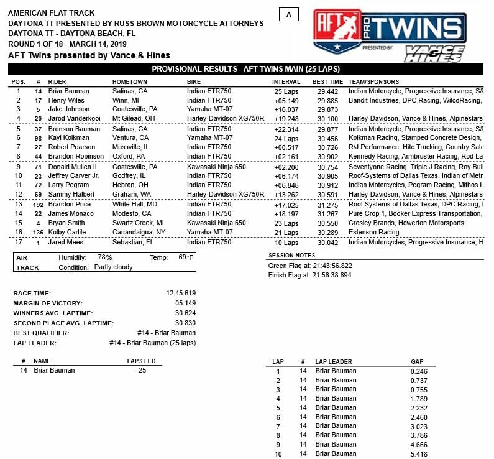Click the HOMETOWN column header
129,81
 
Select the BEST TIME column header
327,81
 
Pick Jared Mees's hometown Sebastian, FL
135,242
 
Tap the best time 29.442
327,91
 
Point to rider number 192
38,204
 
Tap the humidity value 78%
104,257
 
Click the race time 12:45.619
181,293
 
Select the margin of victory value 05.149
185,303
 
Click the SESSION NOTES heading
291,256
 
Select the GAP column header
418,361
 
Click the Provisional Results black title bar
246,69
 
